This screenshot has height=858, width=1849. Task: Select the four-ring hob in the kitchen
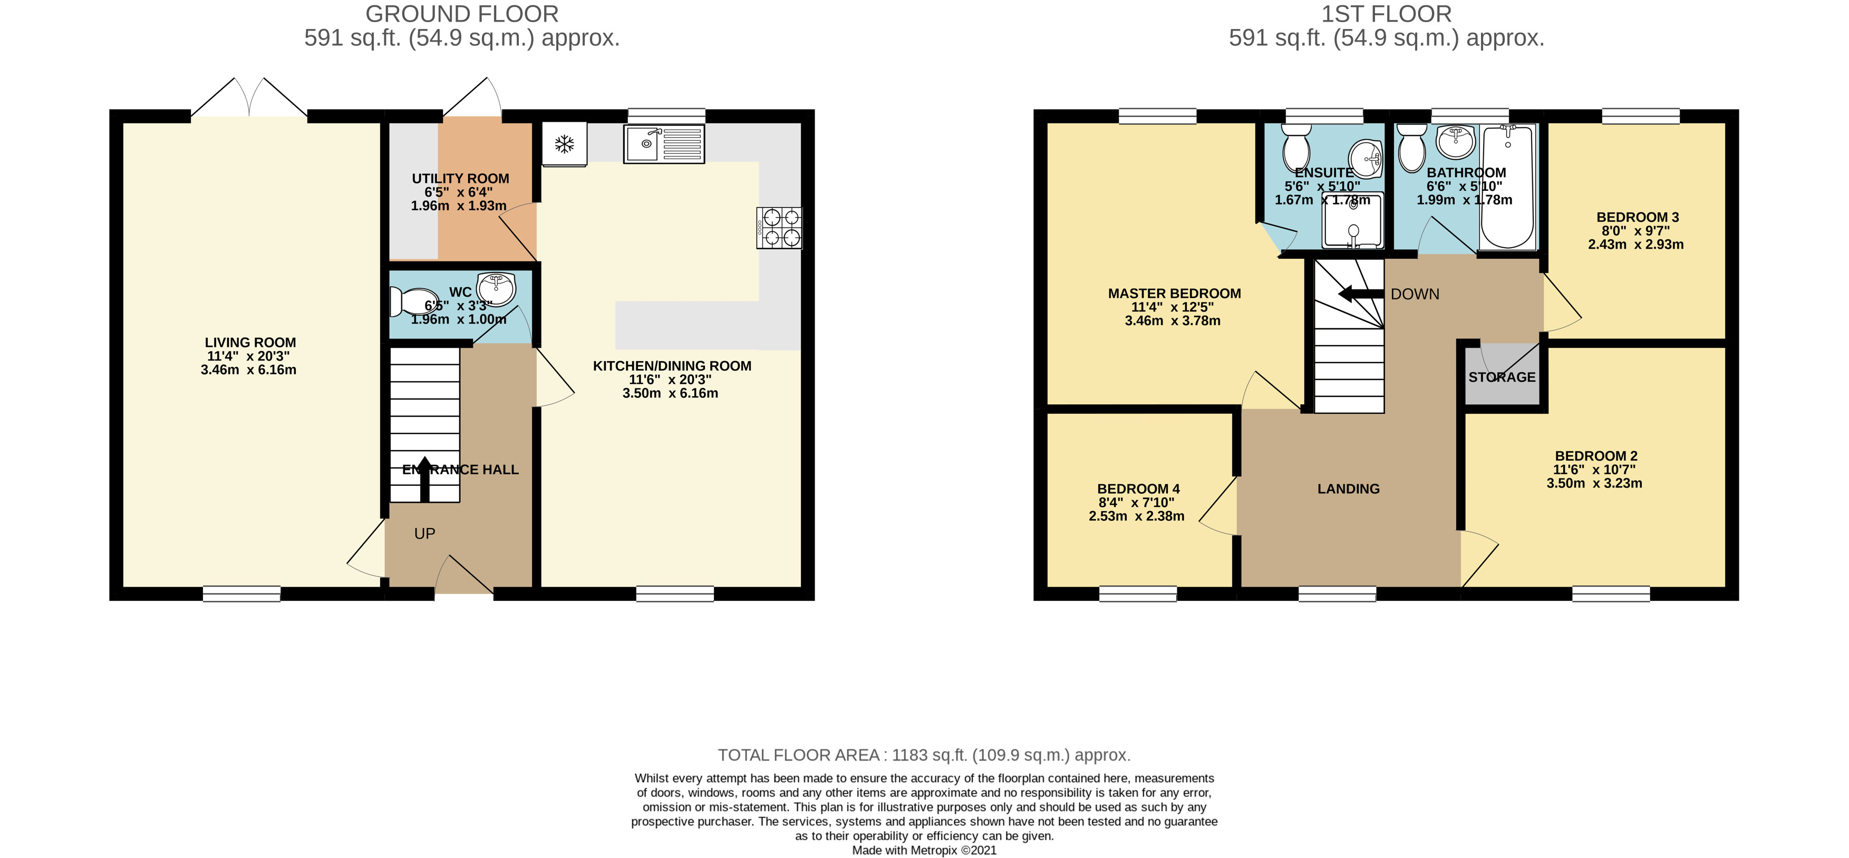(779, 228)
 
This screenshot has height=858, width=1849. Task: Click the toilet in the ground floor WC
(413, 302)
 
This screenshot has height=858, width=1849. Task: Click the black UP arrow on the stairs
(424, 479)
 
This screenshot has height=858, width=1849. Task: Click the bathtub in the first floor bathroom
(1507, 186)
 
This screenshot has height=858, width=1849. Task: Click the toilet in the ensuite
(1296, 149)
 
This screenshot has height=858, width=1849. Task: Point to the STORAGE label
(1502, 377)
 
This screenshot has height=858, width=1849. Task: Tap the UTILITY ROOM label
(460, 179)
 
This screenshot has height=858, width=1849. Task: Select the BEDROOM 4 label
(1138, 489)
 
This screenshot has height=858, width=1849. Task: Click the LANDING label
(1348, 489)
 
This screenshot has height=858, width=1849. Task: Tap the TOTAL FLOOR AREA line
(924, 755)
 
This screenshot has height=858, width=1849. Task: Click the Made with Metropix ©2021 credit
(924, 850)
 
